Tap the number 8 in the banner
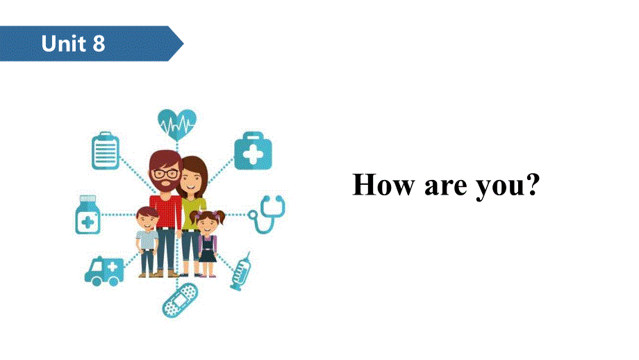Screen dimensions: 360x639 coord(98,44)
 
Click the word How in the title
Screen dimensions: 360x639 coord(381,185)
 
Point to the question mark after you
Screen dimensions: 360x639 coord(532,185)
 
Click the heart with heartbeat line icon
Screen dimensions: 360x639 coord(176,124)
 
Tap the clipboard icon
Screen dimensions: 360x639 coord(106,151)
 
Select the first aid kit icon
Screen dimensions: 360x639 coord(253,152)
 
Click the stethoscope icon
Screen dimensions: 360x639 coord(267,214)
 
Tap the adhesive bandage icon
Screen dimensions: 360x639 coord(179,300)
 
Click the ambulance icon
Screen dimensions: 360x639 coord(104,270)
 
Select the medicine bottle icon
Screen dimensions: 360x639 coord(88,215)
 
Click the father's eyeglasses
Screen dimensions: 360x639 coord(165,173)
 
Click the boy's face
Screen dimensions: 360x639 coord(147,220)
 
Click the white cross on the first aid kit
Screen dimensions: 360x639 coord(253,155)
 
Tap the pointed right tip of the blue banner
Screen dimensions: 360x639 coord(182,44)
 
